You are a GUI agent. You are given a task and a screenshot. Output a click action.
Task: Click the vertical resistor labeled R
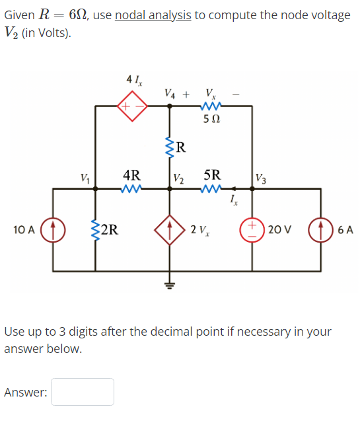pyautogui.click(x=170, y=146)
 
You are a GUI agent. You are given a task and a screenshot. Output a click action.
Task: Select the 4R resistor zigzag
pyautogui.click(x=132, y=189)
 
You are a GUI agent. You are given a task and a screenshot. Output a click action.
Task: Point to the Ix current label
pyautogui.click(x=233, y=200)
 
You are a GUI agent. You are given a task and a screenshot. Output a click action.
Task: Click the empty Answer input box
pyautogui.click(x=83, y=392)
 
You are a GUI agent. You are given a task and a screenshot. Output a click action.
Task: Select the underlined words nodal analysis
pyautogui.click(x=153, y=15)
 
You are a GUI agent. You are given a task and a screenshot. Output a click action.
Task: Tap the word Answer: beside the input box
pyautogui.click(x=26, y=393)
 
